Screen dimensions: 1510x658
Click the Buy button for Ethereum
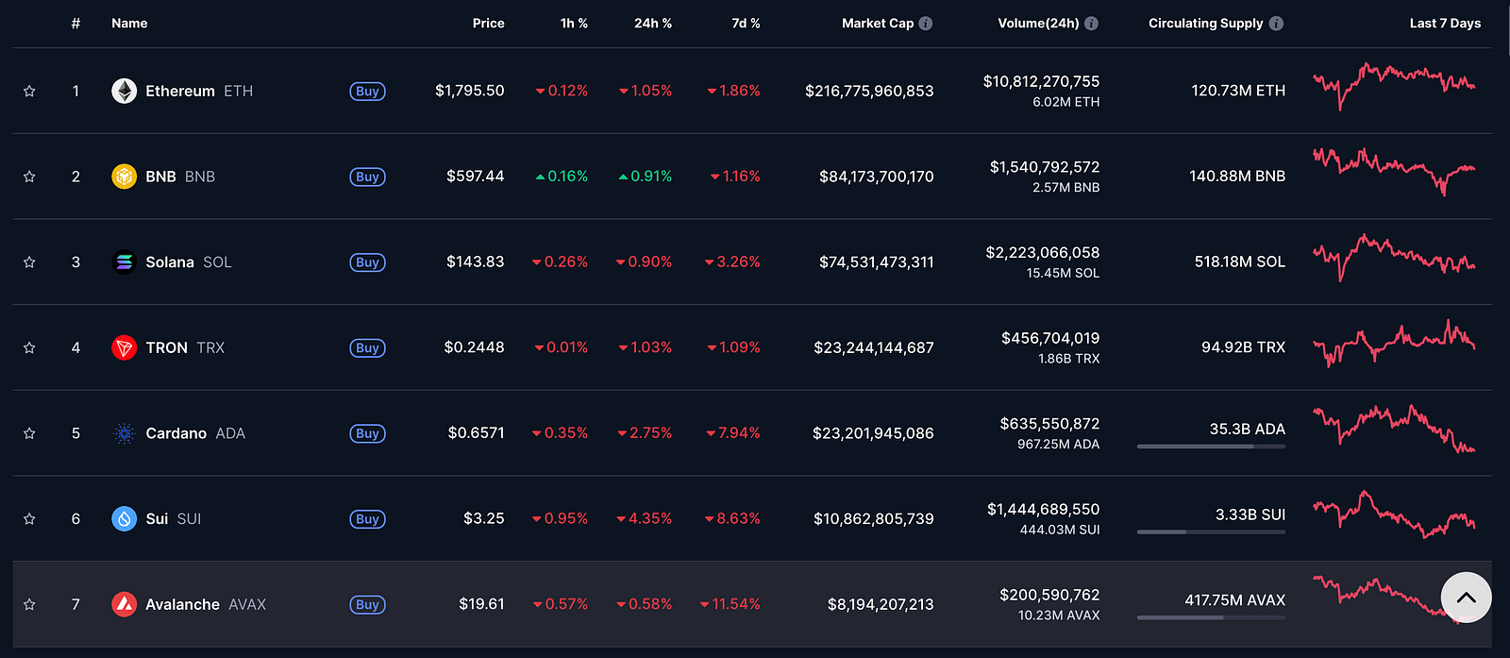(367, 91)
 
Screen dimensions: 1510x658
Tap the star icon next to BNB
(29, 177)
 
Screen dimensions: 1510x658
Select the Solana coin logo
(124, 262)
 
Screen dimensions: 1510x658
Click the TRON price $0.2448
(474, 347)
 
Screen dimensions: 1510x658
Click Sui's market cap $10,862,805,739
(874, 518)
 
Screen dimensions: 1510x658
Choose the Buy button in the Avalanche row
(367, 605)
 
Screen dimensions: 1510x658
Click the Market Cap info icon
(926, 24)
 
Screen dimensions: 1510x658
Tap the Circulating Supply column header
(1206, 24)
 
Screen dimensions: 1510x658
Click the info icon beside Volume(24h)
(1091, 24)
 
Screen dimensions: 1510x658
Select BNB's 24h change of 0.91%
(646, 177)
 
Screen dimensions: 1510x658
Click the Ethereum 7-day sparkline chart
(1394, 86)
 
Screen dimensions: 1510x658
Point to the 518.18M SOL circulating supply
(1240, 262)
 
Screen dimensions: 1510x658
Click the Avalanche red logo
(124, 605)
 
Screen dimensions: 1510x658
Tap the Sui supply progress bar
(1212, 531)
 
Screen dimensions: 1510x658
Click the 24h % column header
(652, 24)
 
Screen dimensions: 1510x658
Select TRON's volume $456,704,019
(1050, 338)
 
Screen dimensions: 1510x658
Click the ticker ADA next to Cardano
(230, 433)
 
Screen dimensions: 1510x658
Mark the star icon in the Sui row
(29, 519)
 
